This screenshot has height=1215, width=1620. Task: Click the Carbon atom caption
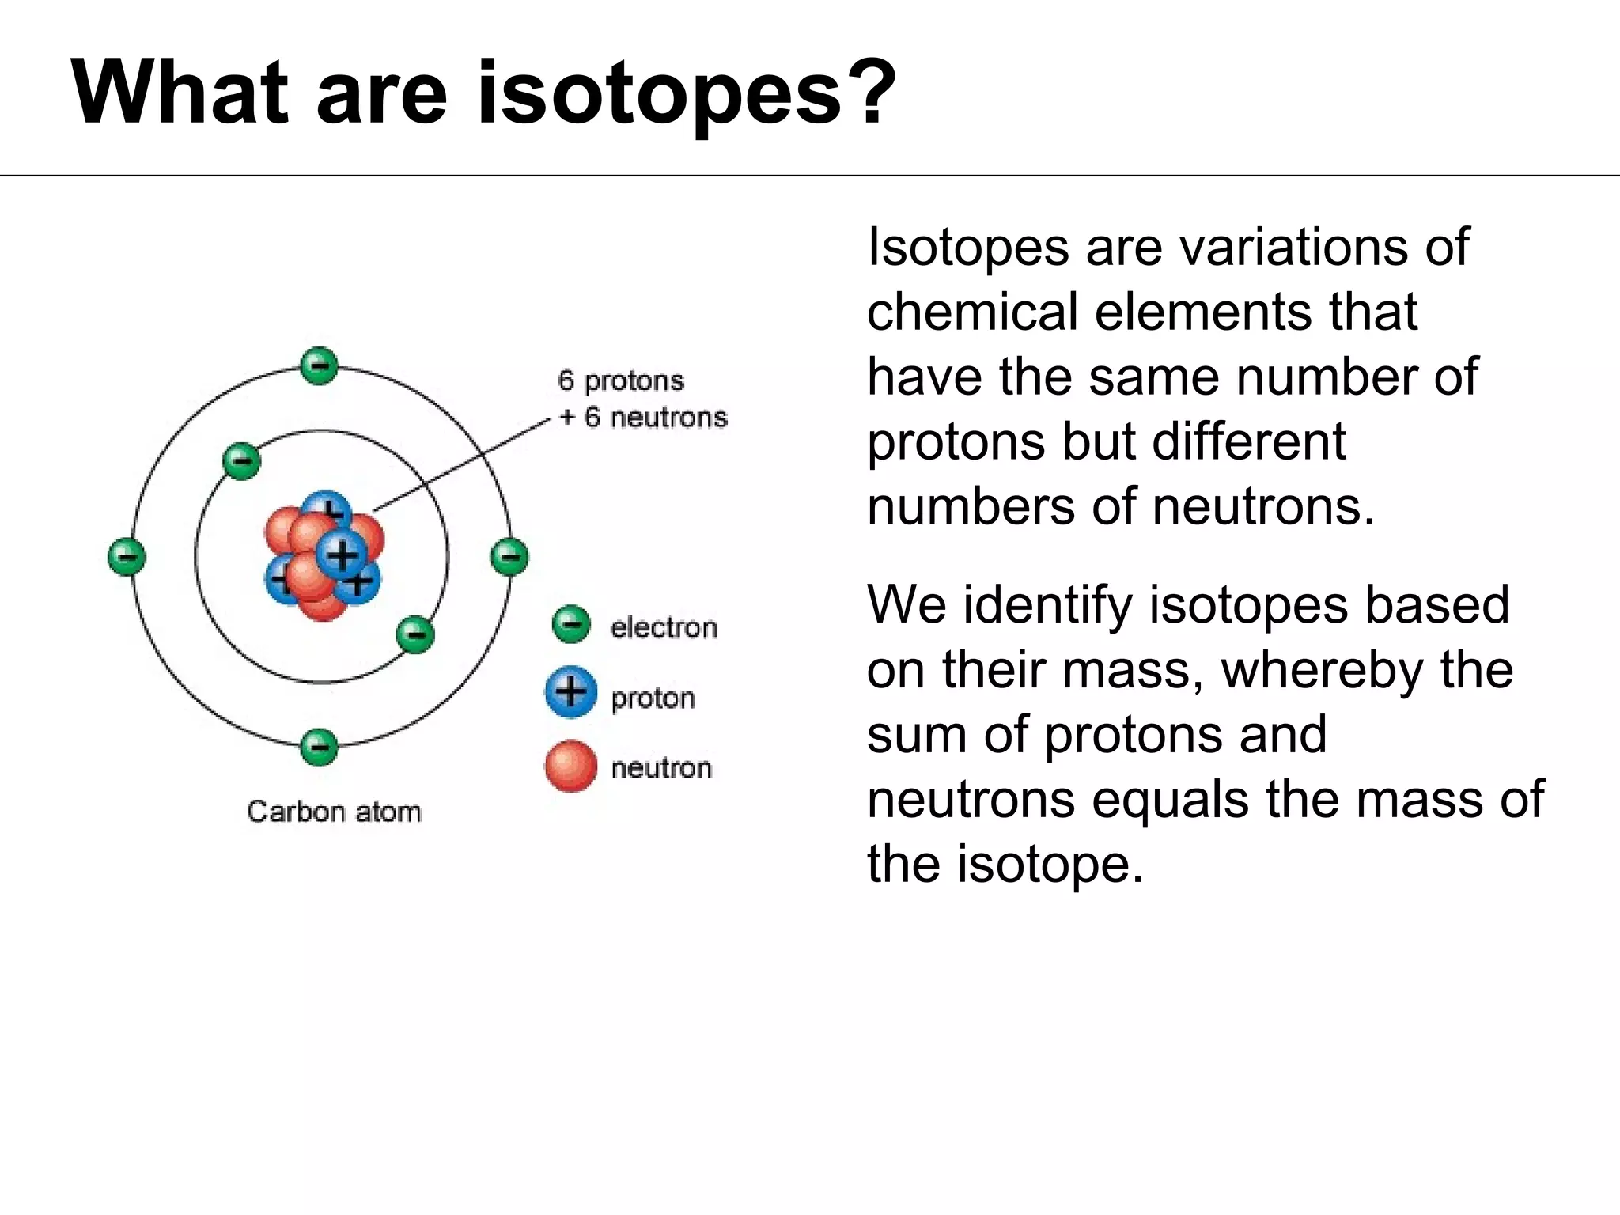(334, 812)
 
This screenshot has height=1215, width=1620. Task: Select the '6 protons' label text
(621, 380)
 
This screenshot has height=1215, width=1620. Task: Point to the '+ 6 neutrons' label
(643, 418)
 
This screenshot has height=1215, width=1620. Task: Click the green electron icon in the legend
(570, 625)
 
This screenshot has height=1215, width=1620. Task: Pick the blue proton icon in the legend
(570, 693)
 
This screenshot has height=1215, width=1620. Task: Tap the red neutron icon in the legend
(570, 766)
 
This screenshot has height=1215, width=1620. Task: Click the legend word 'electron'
(663, 628)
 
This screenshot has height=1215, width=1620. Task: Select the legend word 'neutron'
(661, 768)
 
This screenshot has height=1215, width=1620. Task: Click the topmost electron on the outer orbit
(320, 366)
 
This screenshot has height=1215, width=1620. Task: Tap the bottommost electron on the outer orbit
(320, 747)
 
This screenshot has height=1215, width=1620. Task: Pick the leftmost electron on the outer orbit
(127, 557)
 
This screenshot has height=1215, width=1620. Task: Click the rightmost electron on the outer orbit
(509, 557)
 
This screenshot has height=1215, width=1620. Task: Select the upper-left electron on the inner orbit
(241, 461)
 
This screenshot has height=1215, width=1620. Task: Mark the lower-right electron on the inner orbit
(414, 634)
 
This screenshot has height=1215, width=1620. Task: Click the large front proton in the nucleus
(342, 554)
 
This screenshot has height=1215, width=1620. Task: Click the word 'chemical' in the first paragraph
(972, 312)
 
